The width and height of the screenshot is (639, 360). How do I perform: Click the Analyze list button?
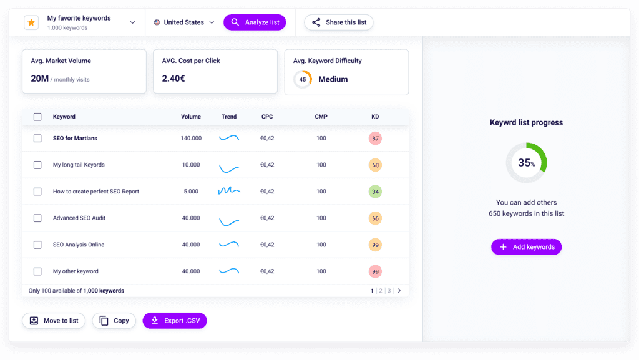point(255,22)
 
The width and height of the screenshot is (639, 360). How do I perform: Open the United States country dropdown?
point(184,22)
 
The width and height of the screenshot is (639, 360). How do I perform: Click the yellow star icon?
point(31,22)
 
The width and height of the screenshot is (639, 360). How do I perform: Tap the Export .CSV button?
point(175,321)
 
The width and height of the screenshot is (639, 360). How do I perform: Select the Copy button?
point(114,321)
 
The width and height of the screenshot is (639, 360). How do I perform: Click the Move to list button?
point(54,321)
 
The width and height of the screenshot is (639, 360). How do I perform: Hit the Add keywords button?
point(526,247)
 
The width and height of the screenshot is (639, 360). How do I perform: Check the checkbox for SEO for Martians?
point(37,138)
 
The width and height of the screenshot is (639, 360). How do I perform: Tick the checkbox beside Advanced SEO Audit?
point(37,218)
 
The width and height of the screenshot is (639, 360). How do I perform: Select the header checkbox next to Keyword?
point(37,117)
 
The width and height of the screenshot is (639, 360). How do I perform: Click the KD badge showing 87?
point(375,138)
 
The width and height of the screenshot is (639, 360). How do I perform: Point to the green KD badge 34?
point(375,192)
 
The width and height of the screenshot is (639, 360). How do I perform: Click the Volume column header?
point(191,117)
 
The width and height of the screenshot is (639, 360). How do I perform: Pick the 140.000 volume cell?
point(191,138)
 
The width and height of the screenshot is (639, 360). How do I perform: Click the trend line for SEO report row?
point(229,191)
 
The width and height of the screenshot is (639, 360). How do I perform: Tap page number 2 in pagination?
point(380,291)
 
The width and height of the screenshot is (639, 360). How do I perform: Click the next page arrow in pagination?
point(399,291)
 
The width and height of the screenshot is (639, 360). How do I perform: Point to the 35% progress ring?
point(526,163)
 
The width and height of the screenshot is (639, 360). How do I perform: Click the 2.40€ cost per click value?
point(173,79)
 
